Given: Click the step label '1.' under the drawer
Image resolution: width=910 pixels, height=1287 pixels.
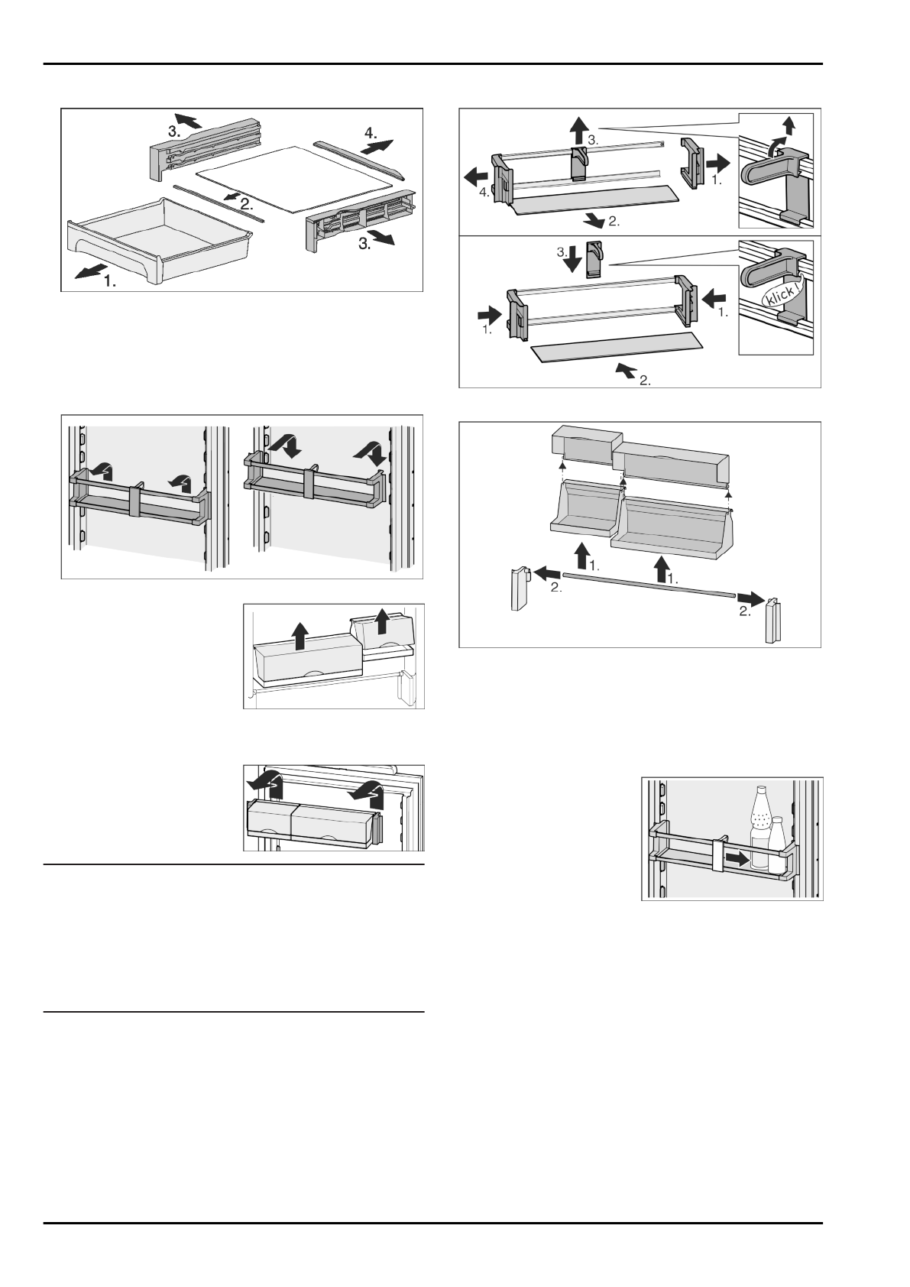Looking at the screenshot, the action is tap(111, 281).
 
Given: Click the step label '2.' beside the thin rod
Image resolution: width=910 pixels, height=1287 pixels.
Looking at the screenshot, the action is tap(244, 205).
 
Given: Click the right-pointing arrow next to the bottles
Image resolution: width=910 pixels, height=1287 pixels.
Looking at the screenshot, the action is tap(737, 859).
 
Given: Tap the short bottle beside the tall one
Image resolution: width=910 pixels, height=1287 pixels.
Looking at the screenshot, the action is tap(777, 844).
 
